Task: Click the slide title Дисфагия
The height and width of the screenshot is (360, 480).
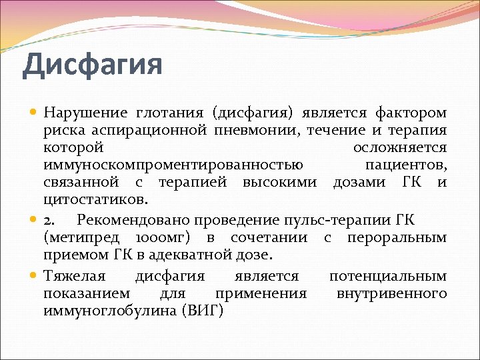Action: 92,66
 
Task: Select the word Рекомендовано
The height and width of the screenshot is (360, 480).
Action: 126,221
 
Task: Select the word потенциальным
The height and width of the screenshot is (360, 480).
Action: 388,276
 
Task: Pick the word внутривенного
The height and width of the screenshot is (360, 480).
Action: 392,293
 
